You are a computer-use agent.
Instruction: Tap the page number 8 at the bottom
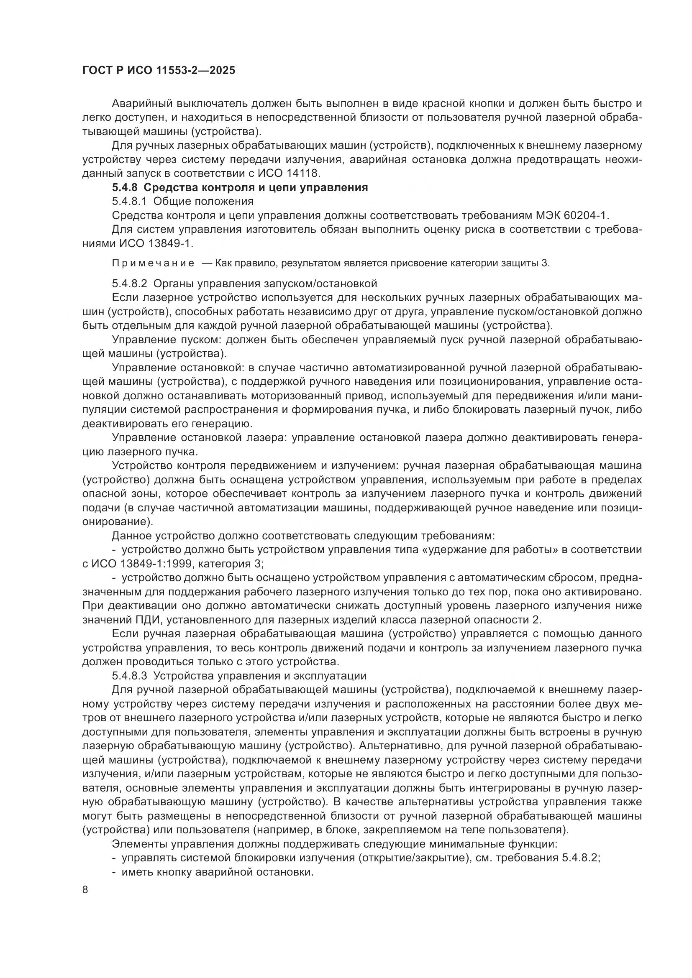click(x=85, y=890)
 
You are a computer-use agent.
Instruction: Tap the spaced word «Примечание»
click(x=153, y=263)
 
